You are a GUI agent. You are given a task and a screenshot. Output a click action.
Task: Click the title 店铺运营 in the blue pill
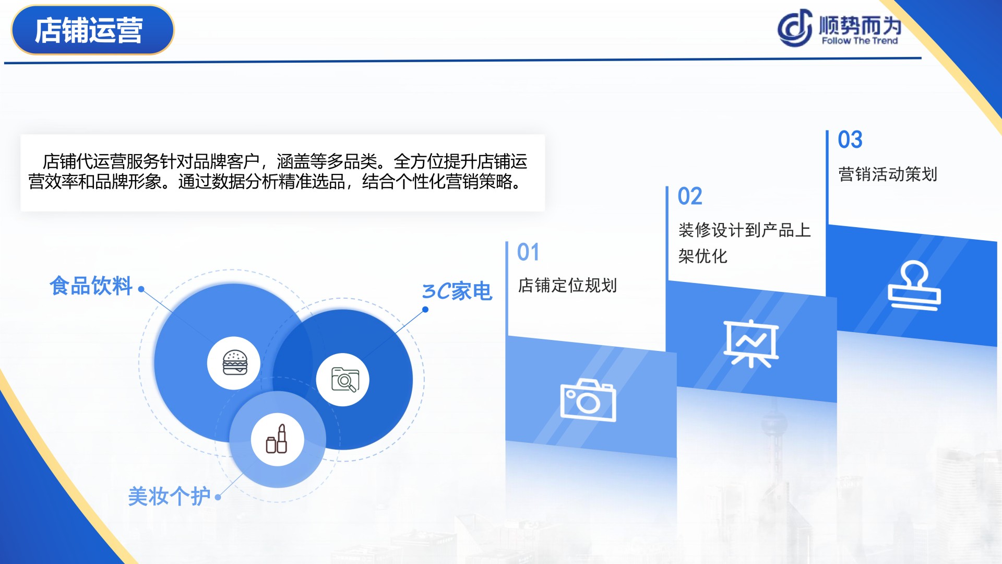pyautogui.click(x=89, y=30)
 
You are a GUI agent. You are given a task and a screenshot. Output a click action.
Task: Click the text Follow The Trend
pyautogui.click(x=860, y=41)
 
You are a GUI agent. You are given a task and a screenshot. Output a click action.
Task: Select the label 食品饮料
pyautogui.click(x=91, y=286)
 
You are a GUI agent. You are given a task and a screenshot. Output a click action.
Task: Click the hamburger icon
pyautogui.click(x=234, y=362)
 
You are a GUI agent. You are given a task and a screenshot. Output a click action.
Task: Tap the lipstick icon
pyautogui.click(x=277, y=439)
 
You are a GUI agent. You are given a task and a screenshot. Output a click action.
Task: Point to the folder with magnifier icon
pyautogui.click(x=345, y=380)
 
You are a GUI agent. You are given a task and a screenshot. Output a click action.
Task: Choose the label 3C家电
pyautogui.click(x=457, y=291)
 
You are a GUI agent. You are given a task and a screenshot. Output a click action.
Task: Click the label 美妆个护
pyautogui.click(x=169, y=496)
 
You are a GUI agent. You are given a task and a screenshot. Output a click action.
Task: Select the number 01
pyautogui.click(x=528, y=252)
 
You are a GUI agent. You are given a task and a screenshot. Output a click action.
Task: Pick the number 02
pyautogui.click(x=690, y=196)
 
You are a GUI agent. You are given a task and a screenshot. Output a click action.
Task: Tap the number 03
pyautogui.click(x=850, y=139)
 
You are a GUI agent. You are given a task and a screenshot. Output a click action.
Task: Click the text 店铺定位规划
pyautogui.click(x=567, y=285)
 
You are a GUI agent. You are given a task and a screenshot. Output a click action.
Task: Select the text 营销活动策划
pyautogui.click(x=888, y=174)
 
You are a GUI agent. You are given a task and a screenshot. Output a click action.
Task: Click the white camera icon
pyautogui.click(x=589, y=400)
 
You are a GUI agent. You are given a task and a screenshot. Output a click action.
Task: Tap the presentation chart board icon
pyautogui.click(x=751, y=344)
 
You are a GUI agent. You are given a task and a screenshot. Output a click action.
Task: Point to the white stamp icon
pyautogui.click(x=914, y=286)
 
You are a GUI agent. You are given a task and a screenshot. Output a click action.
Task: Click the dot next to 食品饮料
pyautogui.click(x=141, y=289)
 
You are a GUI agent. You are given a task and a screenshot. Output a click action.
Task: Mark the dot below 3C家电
pyautogui.click(x=425, y=310)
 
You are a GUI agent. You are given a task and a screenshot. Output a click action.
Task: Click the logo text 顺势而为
pyautogui.click(x=860, y=25)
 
